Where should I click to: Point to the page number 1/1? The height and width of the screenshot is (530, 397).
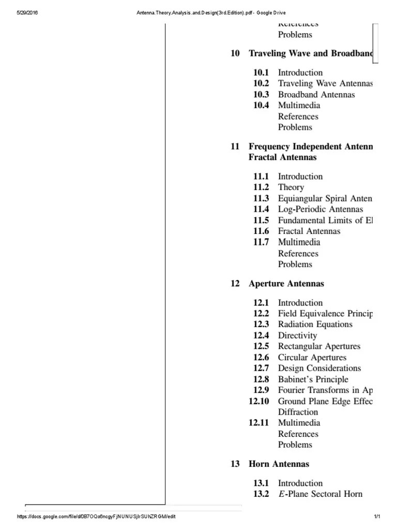click(377, 517)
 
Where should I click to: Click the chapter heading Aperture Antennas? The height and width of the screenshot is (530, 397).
click(286, 284)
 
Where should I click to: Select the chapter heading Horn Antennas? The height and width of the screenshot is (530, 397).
click(279, 464)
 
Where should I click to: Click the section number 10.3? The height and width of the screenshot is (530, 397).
click(261, 95)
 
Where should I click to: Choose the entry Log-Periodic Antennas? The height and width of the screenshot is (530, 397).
click(320, 209)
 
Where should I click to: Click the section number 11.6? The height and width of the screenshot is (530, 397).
click(261, 231)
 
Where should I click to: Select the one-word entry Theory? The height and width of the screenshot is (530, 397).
click(291, 187)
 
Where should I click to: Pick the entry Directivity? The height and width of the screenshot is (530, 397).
click(297, 335)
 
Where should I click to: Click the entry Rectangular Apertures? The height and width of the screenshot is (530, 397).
click(319, 346)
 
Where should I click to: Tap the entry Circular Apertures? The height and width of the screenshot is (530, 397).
click(312, 358)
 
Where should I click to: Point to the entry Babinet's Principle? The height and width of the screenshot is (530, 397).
click(313, 379)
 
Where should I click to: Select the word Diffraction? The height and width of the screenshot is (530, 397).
click(298, 412)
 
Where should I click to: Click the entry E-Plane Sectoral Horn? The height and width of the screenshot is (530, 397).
click(320, 494)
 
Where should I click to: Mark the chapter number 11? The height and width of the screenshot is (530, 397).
click(235, 146)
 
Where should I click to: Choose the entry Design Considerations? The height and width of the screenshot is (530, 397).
click(319, 368)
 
